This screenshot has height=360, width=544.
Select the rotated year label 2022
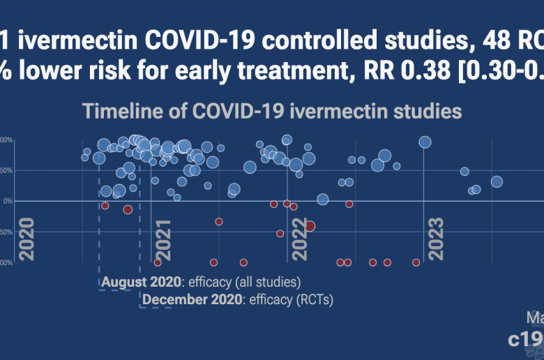[x=299, y=240]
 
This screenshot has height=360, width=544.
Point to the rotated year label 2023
[x=436, y=240]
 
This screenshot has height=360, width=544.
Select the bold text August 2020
[x=141, y=283]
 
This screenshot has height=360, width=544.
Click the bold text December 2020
[x=192, y=300]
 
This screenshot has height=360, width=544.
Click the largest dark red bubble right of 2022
[x=310, y=226]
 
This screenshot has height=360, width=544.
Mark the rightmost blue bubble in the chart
[x=497, y=182]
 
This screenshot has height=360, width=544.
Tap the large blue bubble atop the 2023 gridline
[x=425, y=142]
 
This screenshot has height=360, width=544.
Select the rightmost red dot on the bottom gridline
[x=416, y=262]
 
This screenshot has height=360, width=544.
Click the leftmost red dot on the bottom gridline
[x=158, y=262]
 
